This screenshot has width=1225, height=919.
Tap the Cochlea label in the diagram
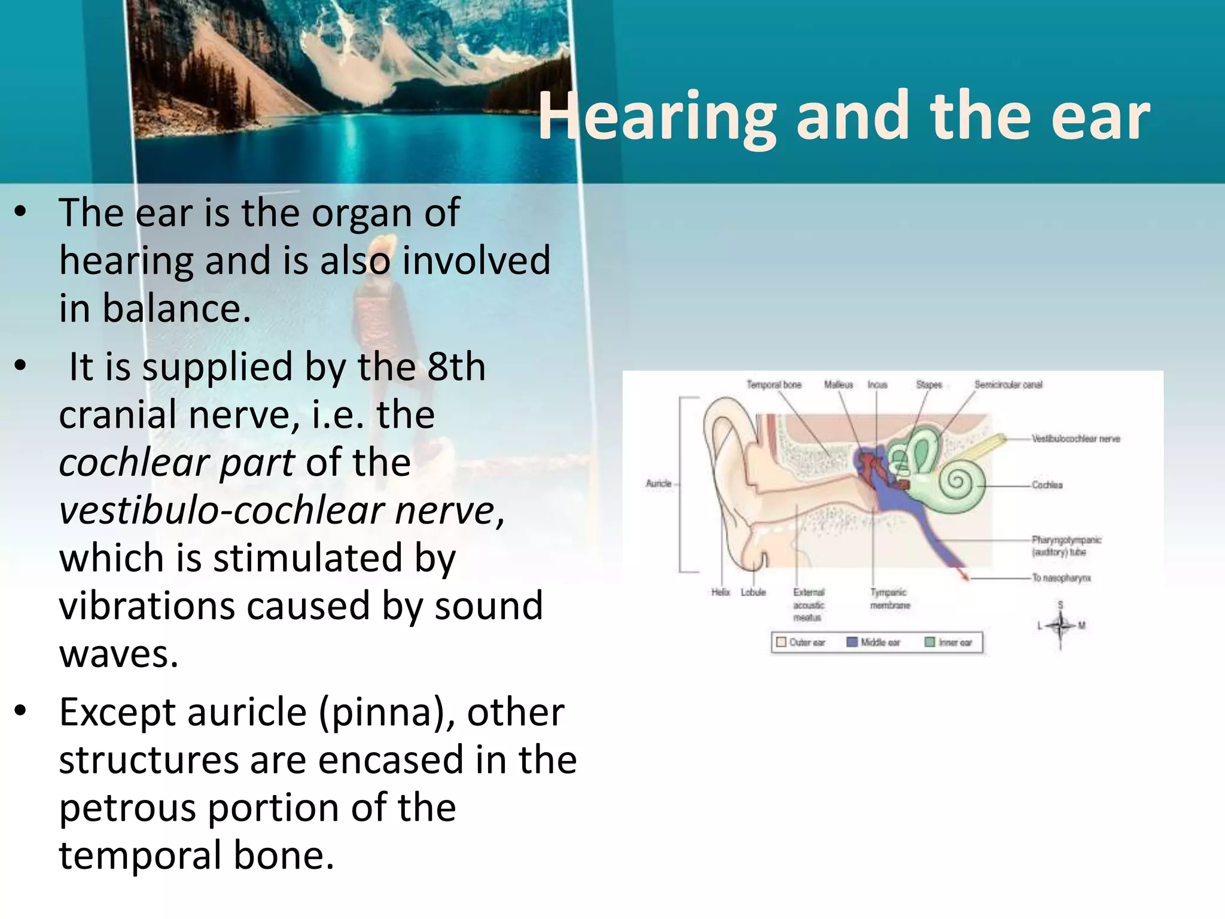point(1047,485)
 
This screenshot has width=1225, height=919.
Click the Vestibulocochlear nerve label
point(1075,439)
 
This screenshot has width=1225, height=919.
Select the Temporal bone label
point(773,385)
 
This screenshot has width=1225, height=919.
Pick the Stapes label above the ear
point(929,385)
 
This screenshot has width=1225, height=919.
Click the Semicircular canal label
point(1008,385)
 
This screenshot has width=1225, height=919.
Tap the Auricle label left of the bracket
point(659,483)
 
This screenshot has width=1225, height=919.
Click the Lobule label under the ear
point(753,592)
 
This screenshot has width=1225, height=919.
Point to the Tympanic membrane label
point(889,598)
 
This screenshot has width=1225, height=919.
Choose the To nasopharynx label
point(1061,578)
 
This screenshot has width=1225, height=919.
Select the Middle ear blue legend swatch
point(852,642)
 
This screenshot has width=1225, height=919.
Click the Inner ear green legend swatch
point(930,642)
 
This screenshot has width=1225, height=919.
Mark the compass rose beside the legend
point(1061,626)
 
